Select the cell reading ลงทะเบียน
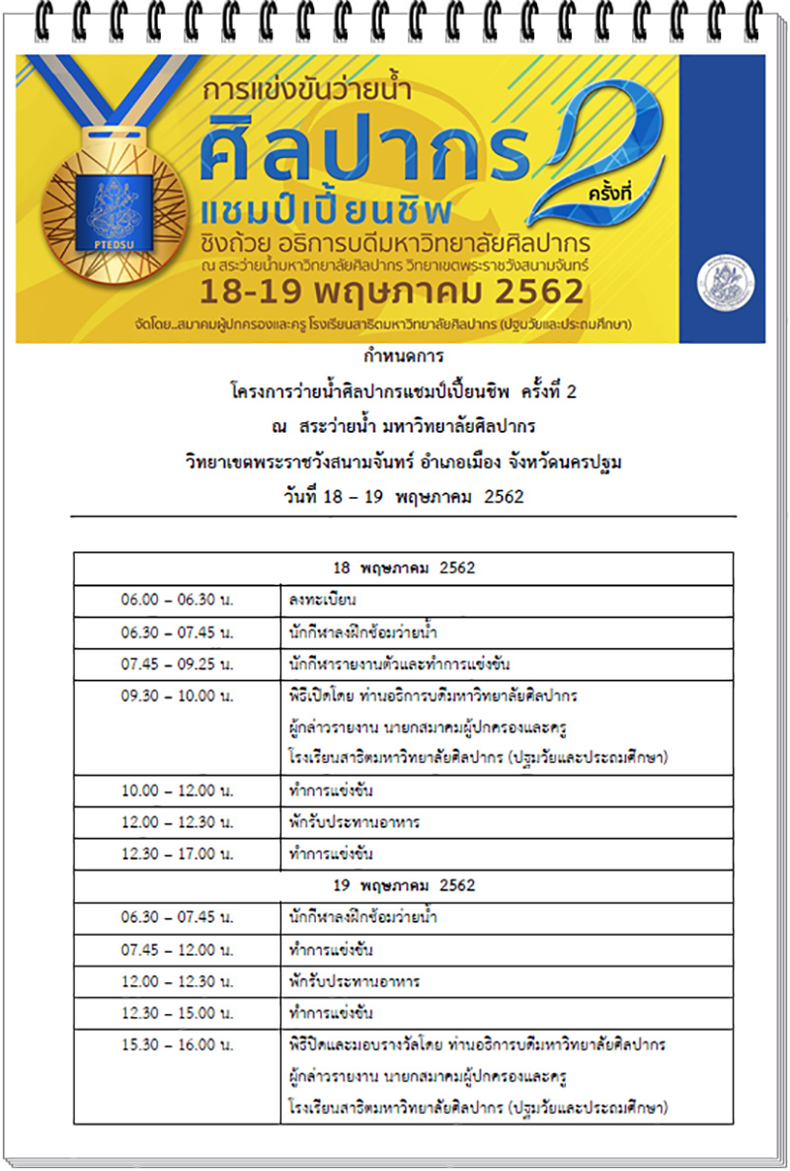click(323, 600)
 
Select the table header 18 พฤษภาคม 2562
click(404, 568)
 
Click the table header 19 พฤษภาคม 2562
click(404, 884)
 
